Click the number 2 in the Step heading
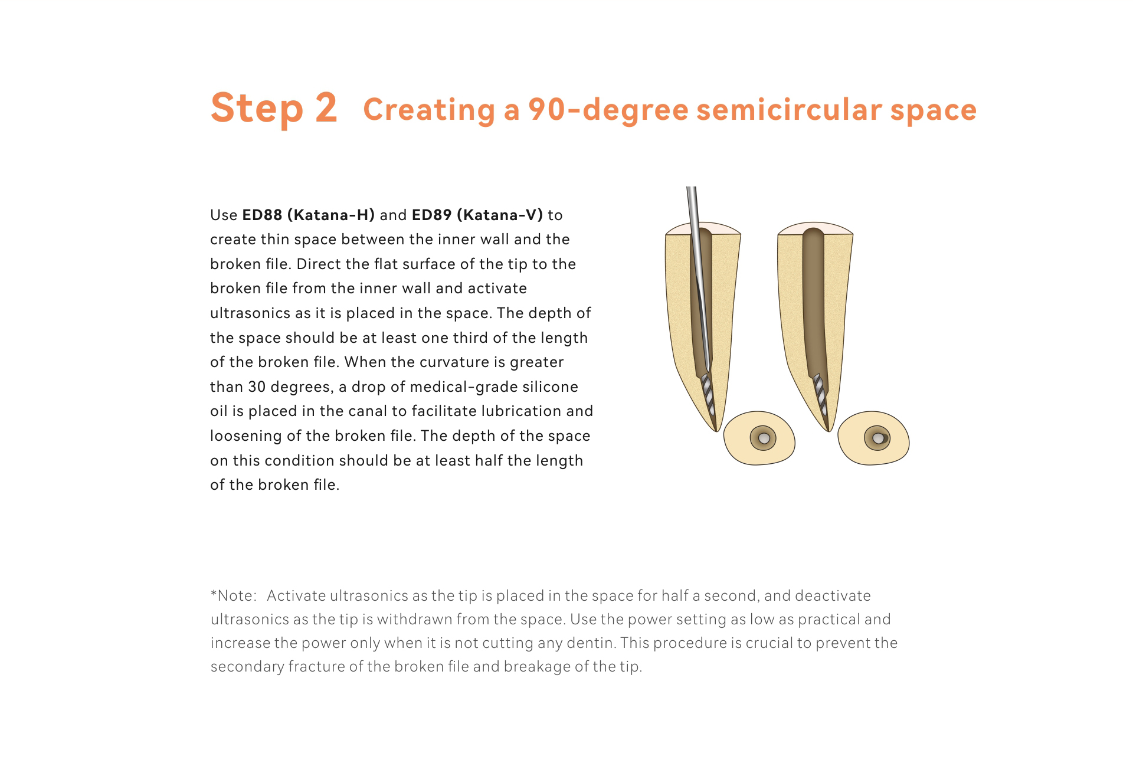326,108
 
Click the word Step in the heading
257,110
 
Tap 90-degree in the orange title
608,110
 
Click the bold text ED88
262,215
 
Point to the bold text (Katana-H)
331,215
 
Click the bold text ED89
431,215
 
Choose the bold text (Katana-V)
500,215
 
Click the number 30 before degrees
257,387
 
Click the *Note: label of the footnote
234,595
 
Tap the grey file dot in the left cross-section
764,438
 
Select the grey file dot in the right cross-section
878,438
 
